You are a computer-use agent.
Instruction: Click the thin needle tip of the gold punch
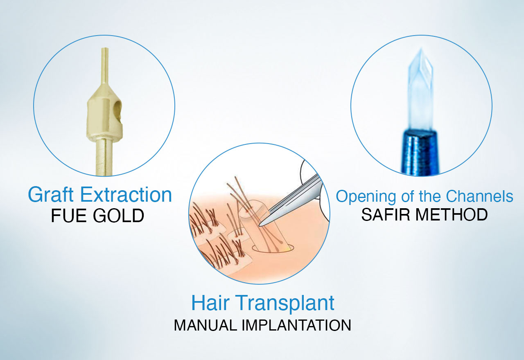pos(104,57)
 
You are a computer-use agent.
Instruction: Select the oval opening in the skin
pos(277,247)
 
